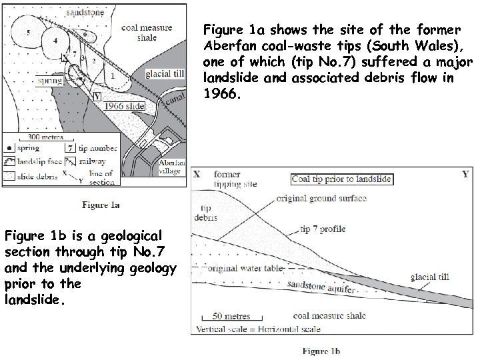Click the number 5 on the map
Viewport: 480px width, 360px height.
point(28,31)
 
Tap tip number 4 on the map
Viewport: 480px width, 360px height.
point(55,41)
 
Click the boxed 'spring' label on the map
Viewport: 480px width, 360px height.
point(49,81)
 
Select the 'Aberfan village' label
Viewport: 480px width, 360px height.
point(170,167)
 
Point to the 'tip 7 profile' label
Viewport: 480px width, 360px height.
point(322,229)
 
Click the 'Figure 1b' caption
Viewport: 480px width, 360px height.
point(321,351)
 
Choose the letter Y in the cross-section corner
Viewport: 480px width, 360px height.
point(465,175)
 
